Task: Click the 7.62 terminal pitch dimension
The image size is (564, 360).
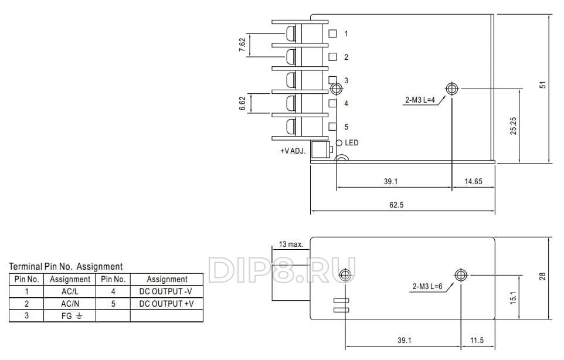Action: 242,45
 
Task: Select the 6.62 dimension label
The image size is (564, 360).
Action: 242,103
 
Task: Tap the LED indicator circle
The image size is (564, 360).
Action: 339,143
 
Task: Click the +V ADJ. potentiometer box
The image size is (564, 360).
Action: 321,150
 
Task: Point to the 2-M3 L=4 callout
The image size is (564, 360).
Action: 420,100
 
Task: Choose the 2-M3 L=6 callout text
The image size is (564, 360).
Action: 427,287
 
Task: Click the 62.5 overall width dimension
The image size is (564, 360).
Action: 396,205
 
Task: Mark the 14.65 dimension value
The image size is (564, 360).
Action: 473,181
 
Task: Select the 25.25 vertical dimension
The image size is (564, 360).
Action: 513,126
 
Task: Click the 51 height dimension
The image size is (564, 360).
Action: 543,84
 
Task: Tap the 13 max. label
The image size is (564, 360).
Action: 291,244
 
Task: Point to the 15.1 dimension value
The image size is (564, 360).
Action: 513,298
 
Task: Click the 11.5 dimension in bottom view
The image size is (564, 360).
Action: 477,340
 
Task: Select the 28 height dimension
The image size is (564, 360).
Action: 542,276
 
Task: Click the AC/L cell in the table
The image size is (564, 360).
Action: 70,291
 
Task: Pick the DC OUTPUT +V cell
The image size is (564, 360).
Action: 167,304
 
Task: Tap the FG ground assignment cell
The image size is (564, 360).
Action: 70,316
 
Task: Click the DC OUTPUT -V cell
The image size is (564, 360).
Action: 167,291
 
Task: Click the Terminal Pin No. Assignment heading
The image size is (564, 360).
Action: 66,267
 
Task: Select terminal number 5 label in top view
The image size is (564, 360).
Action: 346,127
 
